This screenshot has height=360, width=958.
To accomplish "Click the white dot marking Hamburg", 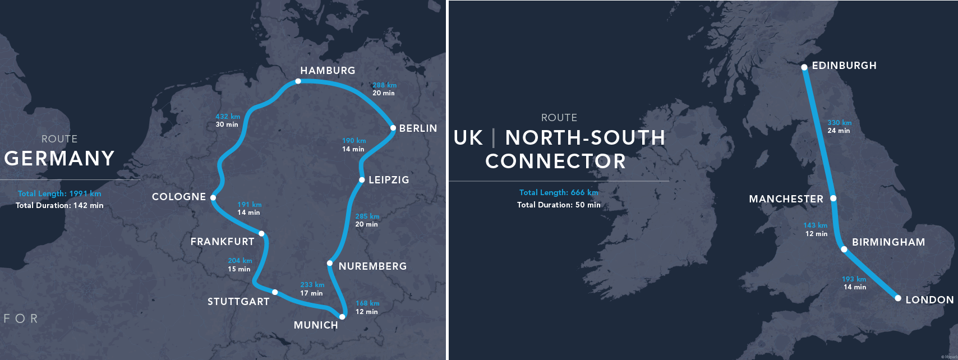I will point(298,81).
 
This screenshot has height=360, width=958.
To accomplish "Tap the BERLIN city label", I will point(418,128).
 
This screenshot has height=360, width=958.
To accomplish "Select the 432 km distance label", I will point(228,117).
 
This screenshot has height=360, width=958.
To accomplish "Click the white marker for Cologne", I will point(213,197).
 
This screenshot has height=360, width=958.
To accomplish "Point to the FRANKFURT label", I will point(222,242).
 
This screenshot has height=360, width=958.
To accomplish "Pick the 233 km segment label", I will point(312,285).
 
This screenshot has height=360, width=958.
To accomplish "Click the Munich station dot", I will point(342,317).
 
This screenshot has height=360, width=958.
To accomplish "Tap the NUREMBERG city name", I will point(372,266).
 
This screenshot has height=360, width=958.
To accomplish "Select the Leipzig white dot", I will point(362,180).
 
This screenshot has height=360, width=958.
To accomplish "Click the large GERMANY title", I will point(59,159).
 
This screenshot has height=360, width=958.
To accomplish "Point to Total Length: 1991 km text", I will point(59,193).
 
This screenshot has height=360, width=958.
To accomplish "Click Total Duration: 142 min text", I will point(59,205).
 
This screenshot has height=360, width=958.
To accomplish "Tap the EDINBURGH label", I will point(844,66).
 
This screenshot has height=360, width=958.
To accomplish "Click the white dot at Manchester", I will point(833,198).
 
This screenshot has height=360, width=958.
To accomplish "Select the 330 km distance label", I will point(839,123).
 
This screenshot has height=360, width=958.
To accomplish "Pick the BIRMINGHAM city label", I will point(888,242).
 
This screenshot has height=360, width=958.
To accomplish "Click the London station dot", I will point(898,298).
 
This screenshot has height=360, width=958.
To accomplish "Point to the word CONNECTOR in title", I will point(555,161).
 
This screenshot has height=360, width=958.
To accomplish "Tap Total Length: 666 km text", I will point(559,192).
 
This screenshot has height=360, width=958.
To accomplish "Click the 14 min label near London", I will point(855,287).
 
